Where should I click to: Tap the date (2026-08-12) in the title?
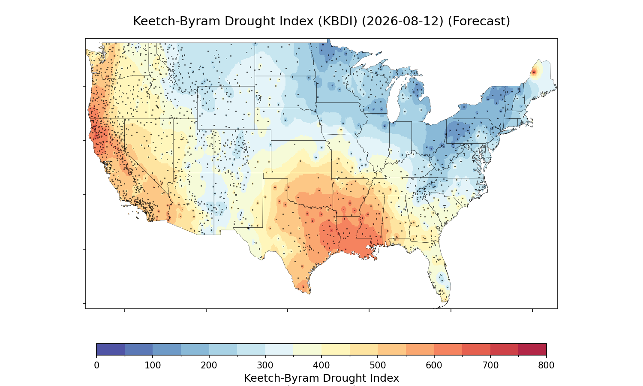(403, 21)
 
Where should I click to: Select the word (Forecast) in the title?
(479, 21)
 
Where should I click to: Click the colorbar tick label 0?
(97, 365)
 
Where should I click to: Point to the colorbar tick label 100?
(153, 365)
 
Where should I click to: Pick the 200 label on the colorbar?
(209, 365)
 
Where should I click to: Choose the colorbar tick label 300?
(265, 365)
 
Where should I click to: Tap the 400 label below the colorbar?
(321, 365)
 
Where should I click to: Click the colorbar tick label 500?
(378, 365)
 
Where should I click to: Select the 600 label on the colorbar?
(434, 365)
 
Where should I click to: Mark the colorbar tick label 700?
(490, 365)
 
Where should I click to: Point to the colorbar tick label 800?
(546, 365)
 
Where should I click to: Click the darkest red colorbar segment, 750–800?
(532, 349)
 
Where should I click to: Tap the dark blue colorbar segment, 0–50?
(111, 349)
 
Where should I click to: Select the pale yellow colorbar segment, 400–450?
(336, 349)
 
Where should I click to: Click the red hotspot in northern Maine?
(534, 72)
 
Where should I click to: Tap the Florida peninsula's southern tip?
(445, 302)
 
